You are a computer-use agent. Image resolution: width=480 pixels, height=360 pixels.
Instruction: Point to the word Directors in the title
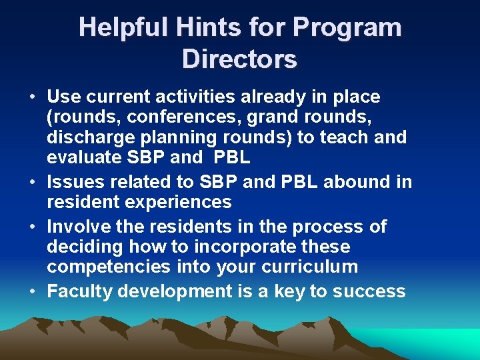point(239,60)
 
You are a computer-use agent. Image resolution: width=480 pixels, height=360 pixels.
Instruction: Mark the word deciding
point(85,247)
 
